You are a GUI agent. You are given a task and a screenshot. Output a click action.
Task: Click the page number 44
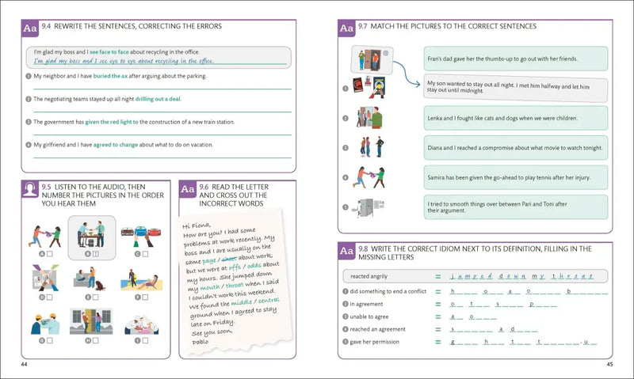(x=23, y=364)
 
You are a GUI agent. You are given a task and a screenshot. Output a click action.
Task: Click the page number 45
(x=609, y=364)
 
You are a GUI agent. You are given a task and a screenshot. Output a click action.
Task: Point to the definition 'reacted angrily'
(x=369, y=277)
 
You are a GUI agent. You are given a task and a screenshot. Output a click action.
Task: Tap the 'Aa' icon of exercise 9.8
(x=346, y=252)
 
